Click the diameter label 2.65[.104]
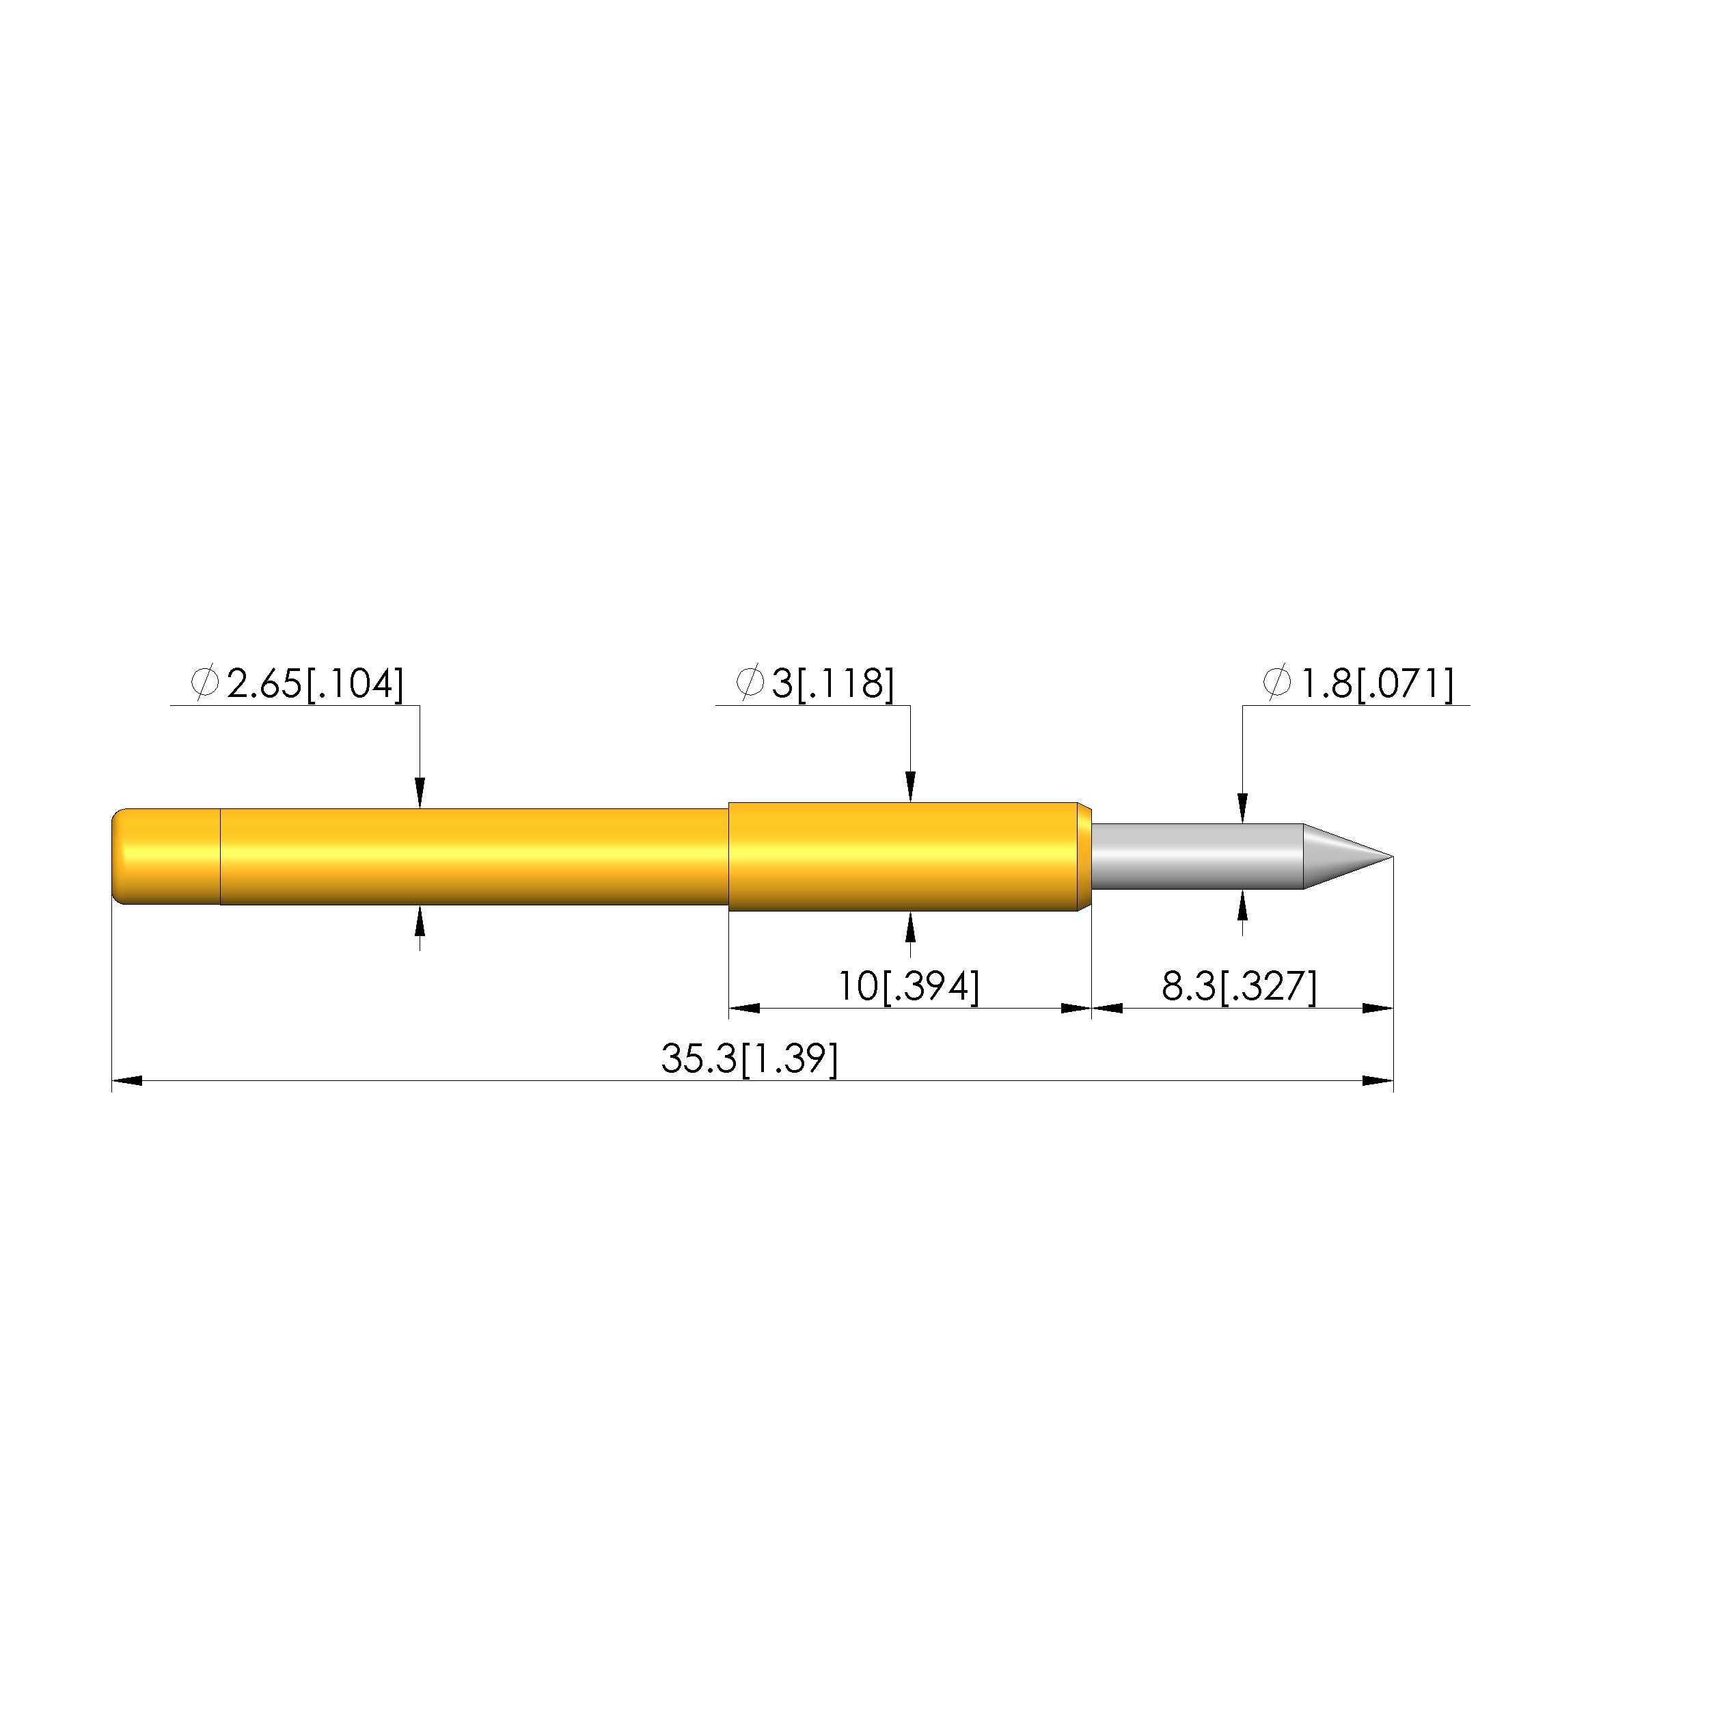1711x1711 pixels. pos(315,685)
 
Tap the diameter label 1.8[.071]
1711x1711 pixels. pos(1376,685)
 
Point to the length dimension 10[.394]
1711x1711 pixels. pos(909,987)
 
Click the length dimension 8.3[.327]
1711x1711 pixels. pos(1239,987)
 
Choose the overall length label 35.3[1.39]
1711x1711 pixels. pos(749,1059)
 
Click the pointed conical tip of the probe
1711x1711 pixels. pos(1348,856)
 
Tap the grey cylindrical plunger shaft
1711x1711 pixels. pos(1197,856)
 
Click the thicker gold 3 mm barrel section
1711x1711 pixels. pos(909,856)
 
